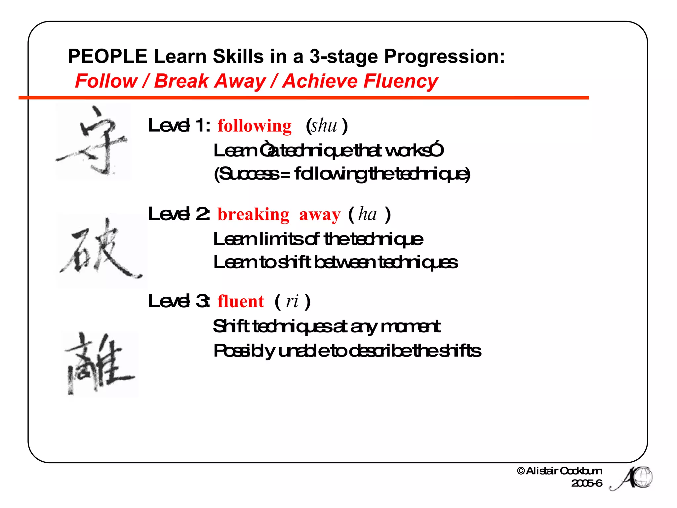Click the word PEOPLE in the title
point(107,56)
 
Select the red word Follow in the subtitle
point(106,81)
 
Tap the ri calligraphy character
point(99,364)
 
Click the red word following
point(255,126)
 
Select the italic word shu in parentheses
point(324,126)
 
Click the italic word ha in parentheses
point(368,214)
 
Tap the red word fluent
point(241,302)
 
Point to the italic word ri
point(292,301)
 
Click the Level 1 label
point(179,126)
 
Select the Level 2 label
point(179,214)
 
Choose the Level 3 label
point(179,301)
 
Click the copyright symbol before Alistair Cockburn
point(521,471)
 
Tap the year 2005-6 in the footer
point(587,483)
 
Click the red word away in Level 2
point(320,215)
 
